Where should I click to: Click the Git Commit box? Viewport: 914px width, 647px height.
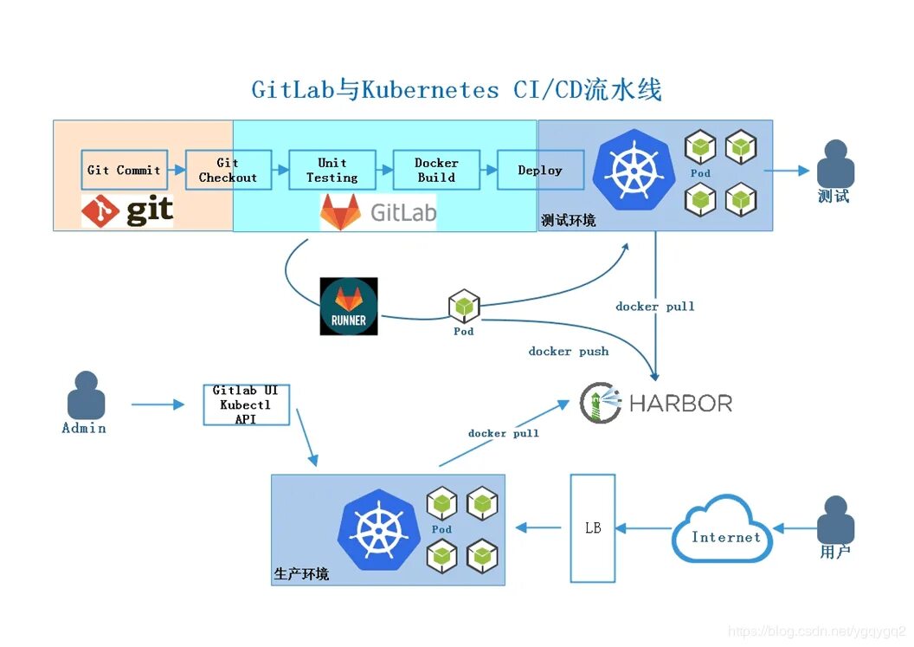coord(124,170)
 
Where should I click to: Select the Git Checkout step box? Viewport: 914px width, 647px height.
coord(228,170)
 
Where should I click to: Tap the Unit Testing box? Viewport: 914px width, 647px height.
coord(332,170)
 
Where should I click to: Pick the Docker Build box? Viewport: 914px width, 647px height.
coord(436,170)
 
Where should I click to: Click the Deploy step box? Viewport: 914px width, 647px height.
coord(540,170)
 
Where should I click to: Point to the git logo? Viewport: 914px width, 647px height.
coord(127,210)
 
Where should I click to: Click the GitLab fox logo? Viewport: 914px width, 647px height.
coord(341,212)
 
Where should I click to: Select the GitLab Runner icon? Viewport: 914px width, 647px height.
coord(349,307)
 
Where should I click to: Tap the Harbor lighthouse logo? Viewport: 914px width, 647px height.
coord(601,403)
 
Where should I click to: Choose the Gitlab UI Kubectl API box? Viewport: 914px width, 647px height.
coord(246,404)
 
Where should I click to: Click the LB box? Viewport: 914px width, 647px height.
coord(593,528)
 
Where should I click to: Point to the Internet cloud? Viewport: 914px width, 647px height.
coord(723,528)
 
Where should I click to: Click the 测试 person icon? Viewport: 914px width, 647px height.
coord(836,164)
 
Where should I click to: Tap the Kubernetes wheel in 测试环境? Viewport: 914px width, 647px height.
coord(634,170)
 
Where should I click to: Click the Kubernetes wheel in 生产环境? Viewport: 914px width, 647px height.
coord(379,530)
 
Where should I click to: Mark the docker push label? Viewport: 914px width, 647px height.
coord(569,351)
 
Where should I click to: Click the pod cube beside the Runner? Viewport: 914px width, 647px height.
coord(464,306)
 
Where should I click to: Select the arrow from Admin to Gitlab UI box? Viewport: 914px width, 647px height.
coord(158,404)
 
